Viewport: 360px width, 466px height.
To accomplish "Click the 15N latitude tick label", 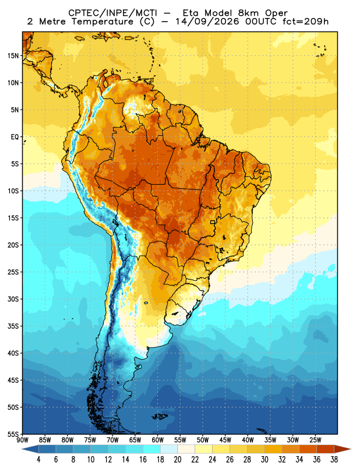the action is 13,55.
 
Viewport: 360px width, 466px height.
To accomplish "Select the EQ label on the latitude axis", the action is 15,137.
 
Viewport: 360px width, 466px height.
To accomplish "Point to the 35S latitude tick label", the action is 13,326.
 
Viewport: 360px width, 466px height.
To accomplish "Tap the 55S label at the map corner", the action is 13,434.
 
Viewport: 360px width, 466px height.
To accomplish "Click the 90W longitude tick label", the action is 22,440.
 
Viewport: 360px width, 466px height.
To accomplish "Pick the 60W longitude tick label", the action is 157,440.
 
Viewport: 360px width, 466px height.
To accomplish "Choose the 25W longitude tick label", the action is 315,440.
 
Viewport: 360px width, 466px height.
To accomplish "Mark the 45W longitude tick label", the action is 225,440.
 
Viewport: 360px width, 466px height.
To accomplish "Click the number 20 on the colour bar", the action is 178,460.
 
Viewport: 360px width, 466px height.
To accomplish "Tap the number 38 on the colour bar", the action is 334,460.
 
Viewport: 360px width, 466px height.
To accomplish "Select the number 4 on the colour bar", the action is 38,460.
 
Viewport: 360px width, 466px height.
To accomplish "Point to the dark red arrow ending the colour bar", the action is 343,449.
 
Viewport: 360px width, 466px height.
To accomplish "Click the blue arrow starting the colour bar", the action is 30,449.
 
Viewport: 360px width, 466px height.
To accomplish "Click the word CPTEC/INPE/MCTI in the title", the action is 112,13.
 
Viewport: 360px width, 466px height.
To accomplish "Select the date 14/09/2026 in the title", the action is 207,22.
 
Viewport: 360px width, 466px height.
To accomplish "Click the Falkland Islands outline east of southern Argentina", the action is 160,416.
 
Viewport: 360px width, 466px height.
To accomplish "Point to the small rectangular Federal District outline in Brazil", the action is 213,222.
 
